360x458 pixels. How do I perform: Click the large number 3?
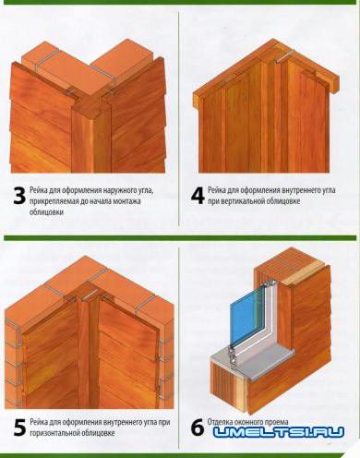(19, 196)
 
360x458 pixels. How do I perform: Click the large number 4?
(198, 196)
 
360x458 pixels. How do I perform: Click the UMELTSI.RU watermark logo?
(279, 432)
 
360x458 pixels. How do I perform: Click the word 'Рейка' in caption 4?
(217, 190)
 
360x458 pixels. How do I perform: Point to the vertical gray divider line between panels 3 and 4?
(178, 118)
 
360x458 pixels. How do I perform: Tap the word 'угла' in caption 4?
(329, 190)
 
